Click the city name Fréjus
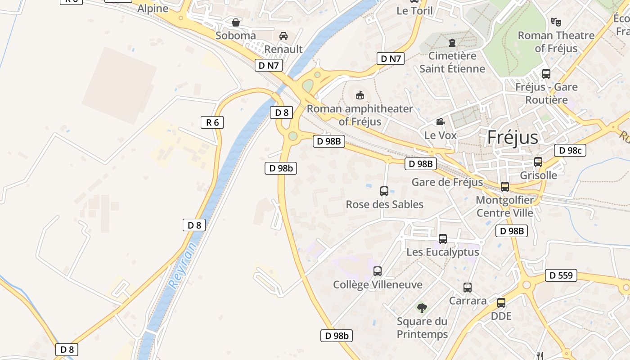pos(513,137)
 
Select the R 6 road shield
pos(212,122)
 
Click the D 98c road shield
pos(570,150)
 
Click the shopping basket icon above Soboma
pos(235,22)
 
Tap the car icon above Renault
pos(283,36)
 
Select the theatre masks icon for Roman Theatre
pos(556,22)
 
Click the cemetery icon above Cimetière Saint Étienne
pos(452,43)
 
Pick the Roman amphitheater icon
pos(360,95)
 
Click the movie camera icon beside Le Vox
pos(440,122)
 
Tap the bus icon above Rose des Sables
pos(384,191)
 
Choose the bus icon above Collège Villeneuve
pos(378,271)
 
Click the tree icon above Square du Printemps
pos(422,308)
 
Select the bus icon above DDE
pos(501,303)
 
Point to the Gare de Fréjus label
pos(447,182)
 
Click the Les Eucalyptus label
pos(443,252)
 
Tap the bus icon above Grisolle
pos(538,162)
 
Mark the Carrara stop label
pos(468,301)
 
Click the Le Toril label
pos(414,11)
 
